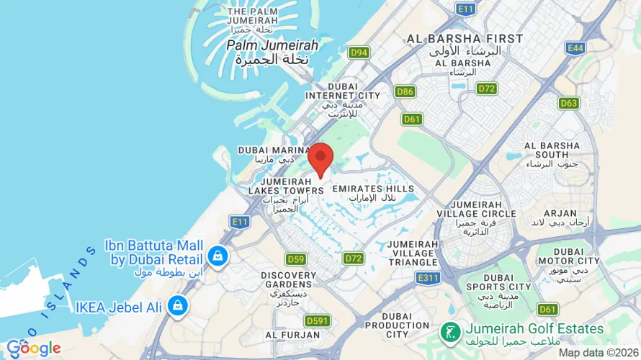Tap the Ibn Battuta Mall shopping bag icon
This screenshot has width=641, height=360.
coord(217,255)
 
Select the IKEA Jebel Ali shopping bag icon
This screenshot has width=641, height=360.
coord(176,306)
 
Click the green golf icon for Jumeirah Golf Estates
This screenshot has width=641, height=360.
coord(449,332)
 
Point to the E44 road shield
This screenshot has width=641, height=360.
coord(575,48)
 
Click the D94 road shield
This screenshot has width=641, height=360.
coord(359,53)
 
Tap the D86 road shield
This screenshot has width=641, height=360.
coord(405,91)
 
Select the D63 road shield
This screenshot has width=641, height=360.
coord(568,103)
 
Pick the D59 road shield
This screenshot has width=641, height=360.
coord(295,259)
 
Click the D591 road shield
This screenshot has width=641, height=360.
coord(317,320)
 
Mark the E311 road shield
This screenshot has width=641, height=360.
coord(428,277)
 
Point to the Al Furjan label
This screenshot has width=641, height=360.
coord(292,335)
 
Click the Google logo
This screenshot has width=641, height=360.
coord(33,348)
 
